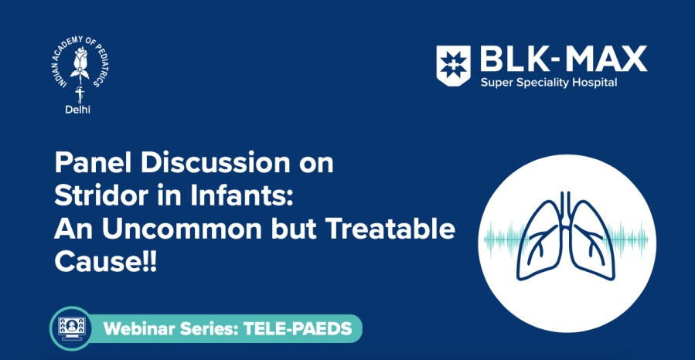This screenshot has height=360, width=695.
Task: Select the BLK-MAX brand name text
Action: [563, 59]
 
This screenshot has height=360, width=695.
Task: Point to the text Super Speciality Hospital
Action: [549, 83]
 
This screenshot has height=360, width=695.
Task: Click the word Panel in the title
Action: [88, 164]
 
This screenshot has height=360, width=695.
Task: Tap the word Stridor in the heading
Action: [99, 196]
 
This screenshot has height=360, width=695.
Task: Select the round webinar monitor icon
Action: [71, 328]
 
